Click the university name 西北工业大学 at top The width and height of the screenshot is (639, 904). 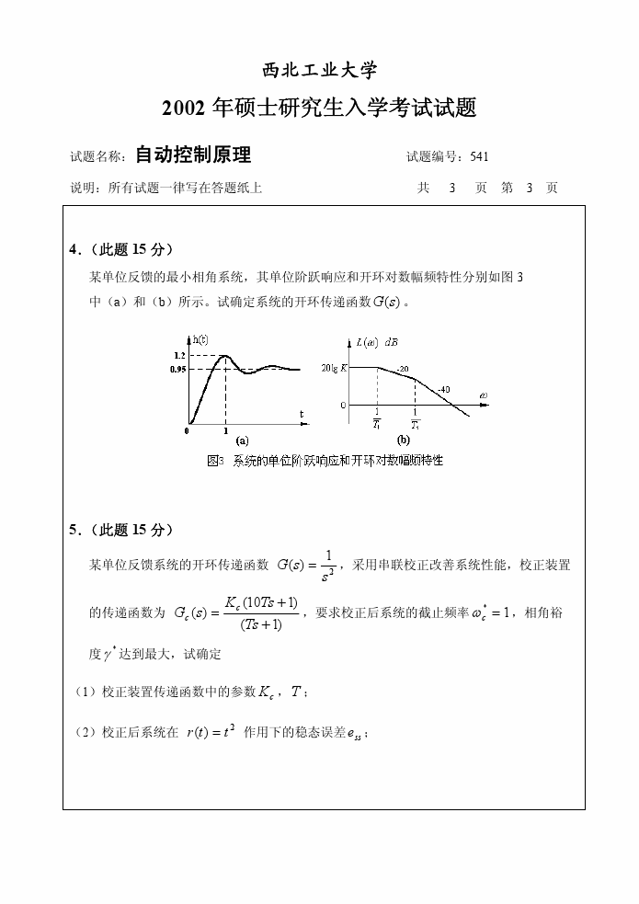(x=319, y=71)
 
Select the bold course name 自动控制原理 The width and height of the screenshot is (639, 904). (x=193, y=154)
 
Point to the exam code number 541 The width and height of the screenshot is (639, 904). (x=479, y=156)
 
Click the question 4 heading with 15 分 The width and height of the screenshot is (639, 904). (x=121, y=250)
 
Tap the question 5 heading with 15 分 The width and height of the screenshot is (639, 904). (x=121, y=530)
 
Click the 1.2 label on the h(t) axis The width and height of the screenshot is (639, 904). (x=178, y=355)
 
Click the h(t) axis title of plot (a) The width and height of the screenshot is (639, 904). (x=197, y=339)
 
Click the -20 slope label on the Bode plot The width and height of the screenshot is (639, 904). (x=402, y=369)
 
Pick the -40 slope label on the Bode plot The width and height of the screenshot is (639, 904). (x=443, y=389)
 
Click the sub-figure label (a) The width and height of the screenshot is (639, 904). (x=242, y=440)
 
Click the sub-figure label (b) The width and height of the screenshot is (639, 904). (x=403, y=440)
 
